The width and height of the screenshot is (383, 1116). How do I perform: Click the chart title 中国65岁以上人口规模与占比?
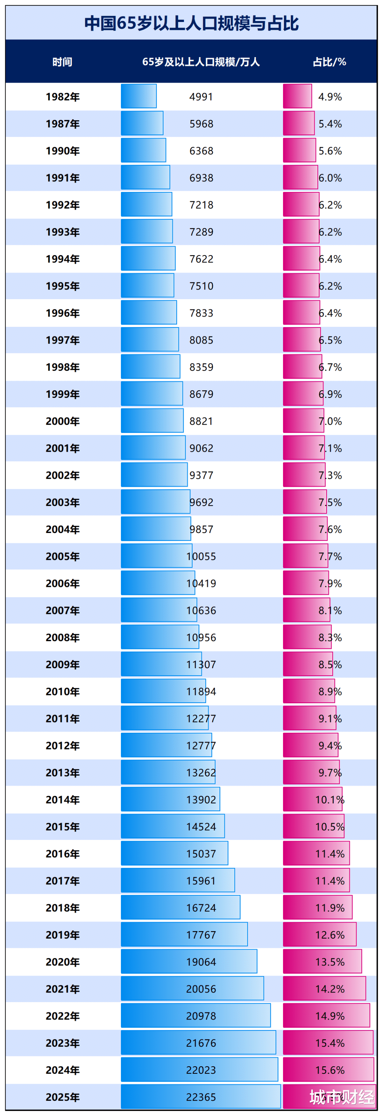[191, 23]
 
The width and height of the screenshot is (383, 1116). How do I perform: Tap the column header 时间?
[62, 62]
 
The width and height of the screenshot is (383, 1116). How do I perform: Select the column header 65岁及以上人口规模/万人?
[201, 62]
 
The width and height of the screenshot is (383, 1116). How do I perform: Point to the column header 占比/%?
[329, 62]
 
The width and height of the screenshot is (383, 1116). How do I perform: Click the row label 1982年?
[63, 97]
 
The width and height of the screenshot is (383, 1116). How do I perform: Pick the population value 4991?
[201, 97]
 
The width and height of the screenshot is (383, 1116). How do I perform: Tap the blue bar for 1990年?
[143, 150]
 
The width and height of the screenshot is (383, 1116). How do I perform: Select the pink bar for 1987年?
[299, 123]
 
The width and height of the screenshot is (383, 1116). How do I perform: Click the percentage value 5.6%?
[330, 151]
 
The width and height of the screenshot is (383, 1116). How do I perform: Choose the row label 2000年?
[63, 421]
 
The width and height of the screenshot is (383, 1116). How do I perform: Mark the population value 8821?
[201, 421]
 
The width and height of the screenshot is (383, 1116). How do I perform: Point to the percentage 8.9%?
[330, 692]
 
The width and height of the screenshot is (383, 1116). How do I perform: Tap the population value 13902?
[201, 799]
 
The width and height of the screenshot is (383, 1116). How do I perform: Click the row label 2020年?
[63, 962]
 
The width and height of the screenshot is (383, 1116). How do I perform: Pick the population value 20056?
[201, 989]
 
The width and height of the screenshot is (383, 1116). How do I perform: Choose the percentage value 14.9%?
[330, 1016]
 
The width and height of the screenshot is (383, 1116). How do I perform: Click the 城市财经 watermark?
[342, 1097]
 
